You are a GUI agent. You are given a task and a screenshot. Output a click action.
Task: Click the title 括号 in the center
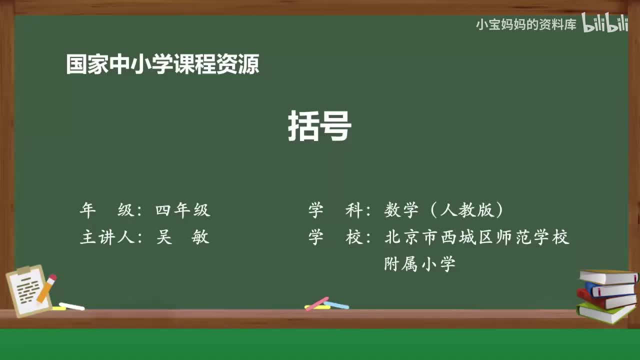(x=319, y=126)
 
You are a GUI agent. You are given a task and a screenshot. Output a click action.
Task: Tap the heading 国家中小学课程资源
(x=162, y=64)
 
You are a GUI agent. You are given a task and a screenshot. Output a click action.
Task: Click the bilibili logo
(x=604, y=24)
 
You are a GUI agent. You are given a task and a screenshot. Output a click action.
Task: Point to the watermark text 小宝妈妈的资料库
(x=526, y=24)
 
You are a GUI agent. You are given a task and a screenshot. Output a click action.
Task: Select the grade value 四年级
(x=182, y=210)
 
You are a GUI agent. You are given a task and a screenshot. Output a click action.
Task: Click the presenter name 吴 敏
(x=182, y=237)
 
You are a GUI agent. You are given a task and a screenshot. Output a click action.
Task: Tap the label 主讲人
(x=107, y=237)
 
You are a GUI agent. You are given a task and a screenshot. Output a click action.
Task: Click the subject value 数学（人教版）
(x=444, y=210)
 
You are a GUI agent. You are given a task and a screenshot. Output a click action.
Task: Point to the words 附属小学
(x=419, y=264)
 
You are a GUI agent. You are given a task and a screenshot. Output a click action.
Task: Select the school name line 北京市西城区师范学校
(x=476, y=237)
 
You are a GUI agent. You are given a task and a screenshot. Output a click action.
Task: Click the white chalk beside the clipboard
(x=71, y=306)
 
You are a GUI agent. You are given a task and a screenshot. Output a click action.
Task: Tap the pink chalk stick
(x=316, y=303)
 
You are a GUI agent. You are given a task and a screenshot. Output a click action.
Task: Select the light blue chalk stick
(x=337, y=304)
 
